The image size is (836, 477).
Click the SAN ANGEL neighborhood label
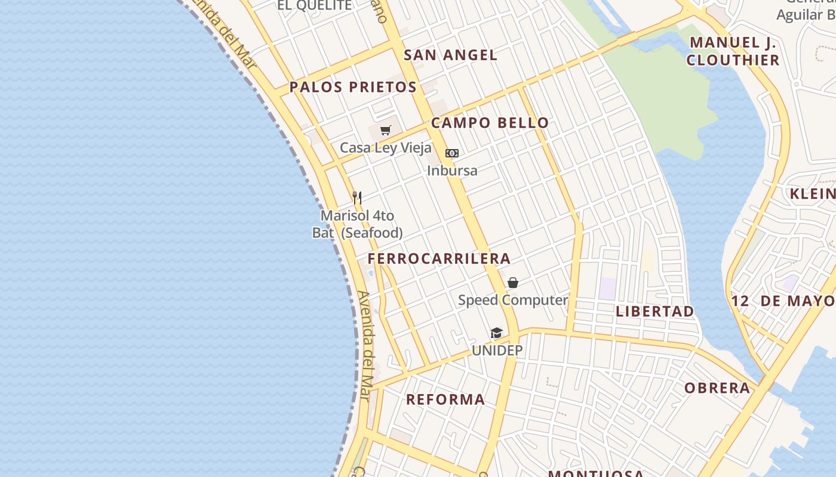450,55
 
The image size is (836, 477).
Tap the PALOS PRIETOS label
353,87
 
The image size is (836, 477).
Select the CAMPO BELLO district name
490,123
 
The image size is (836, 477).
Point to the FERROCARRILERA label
439,258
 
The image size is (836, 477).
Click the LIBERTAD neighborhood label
655,311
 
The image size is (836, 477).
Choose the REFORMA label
445,399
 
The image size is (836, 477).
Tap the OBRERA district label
717,388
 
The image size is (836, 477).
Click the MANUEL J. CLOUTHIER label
733,51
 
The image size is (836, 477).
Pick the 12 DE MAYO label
783,301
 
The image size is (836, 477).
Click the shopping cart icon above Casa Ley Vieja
386,130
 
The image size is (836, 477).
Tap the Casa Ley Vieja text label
386,147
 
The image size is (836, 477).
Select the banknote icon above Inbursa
452,153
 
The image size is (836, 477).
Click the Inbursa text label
452,171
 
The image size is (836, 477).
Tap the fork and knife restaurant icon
357,197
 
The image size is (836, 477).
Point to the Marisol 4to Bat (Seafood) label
357,224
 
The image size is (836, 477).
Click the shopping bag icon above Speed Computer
513,283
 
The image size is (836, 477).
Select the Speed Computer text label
513,300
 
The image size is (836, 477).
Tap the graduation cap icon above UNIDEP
497,333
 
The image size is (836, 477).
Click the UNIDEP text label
497,350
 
